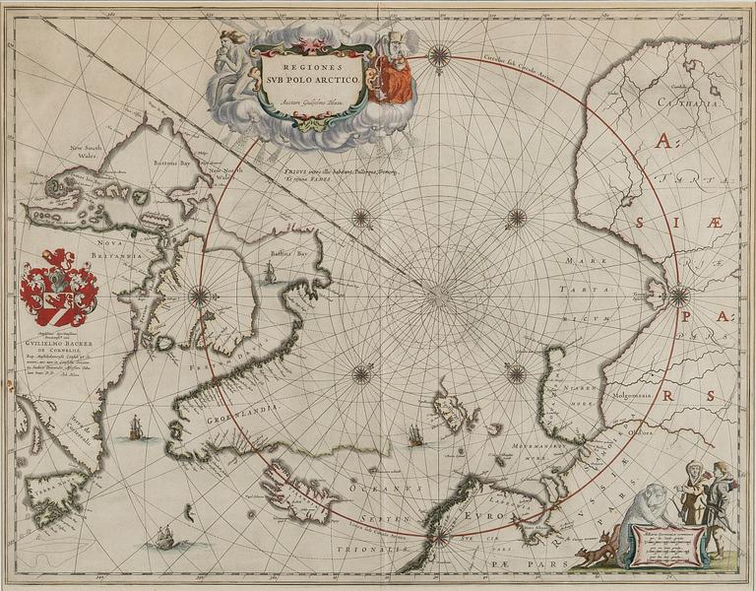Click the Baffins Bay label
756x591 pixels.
[x=288, y=254]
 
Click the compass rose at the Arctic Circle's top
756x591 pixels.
[x=439, y=56]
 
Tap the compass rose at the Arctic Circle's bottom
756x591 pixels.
[x=439, y=537]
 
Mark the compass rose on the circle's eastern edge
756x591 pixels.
[x=678, y=294]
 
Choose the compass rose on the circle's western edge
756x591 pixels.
[x=201, y=295]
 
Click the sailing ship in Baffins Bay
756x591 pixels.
[x=269, y=275]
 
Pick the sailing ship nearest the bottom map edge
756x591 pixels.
[x=163, y=537]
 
